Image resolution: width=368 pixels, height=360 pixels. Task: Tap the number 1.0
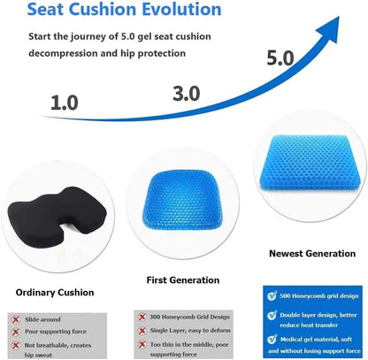pyautogui.click(x=65, y=103)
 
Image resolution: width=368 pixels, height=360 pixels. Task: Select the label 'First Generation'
pyautogui.click(x=182, y=280)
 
